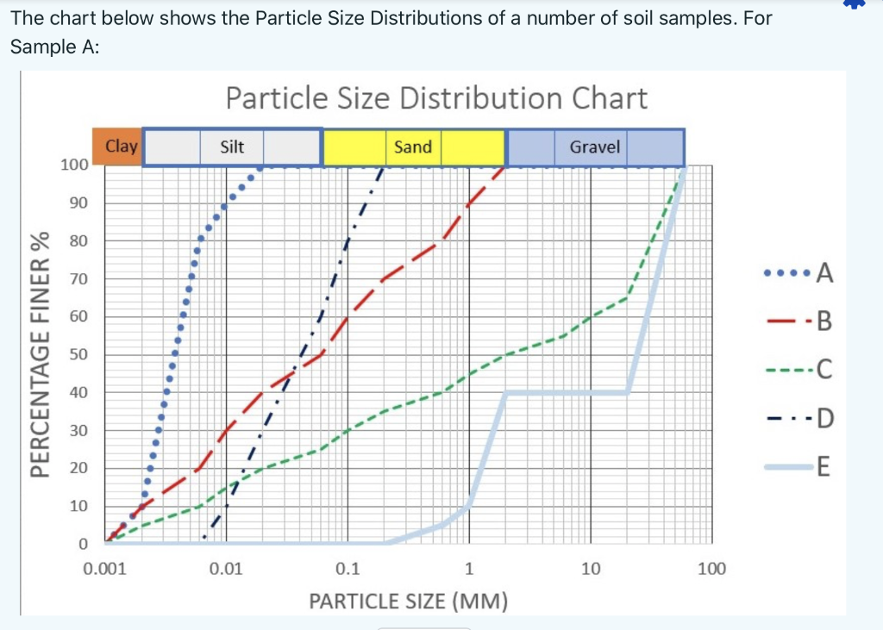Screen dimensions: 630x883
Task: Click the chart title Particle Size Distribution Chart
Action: pyautogui.click(x=436, y=98)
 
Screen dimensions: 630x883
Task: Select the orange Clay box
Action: pyautogui.click(x=122, y=147)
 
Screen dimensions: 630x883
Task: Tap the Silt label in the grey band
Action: pyautogui.click(x=232, y=147)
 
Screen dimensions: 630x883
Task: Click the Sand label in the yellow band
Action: pyautogui.click(x=412, y=147)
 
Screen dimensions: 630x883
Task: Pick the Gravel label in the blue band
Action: pyautogui.click(x=595, y=147)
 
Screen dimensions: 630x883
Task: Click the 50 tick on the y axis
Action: pyautogui.click(x=78, y=354)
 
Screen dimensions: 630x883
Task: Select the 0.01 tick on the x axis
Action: pyautogui.click(x=227, y=569)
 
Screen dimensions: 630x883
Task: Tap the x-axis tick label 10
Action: pyautogui.click(x=591, y=569)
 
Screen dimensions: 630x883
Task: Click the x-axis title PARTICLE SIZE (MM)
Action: pyautogui.click(x=408, y=601)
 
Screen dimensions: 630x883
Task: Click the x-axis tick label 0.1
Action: pyautogui.click(x=348, y=569)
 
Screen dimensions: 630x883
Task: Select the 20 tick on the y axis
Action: pyautogui.click(x=78, y=468)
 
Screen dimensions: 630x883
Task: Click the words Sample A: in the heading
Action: pyautogui.click(x=55, y=47)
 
